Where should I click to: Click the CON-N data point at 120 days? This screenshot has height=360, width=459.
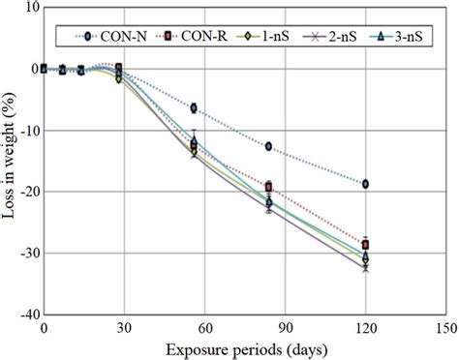pyautogui.click(x=365, y=184)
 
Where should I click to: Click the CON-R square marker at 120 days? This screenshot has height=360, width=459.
pyautogui.click(x=365, y=245)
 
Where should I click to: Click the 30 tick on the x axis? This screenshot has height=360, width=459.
pyautogui.click(x=124, y=328)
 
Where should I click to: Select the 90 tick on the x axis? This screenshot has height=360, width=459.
pyautogui.click(x=286, y=328)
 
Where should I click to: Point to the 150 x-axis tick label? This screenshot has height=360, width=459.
pyautogui.click(x=446, y=328)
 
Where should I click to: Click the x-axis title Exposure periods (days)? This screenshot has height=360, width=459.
pyautogui.click(x=244, y=348)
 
